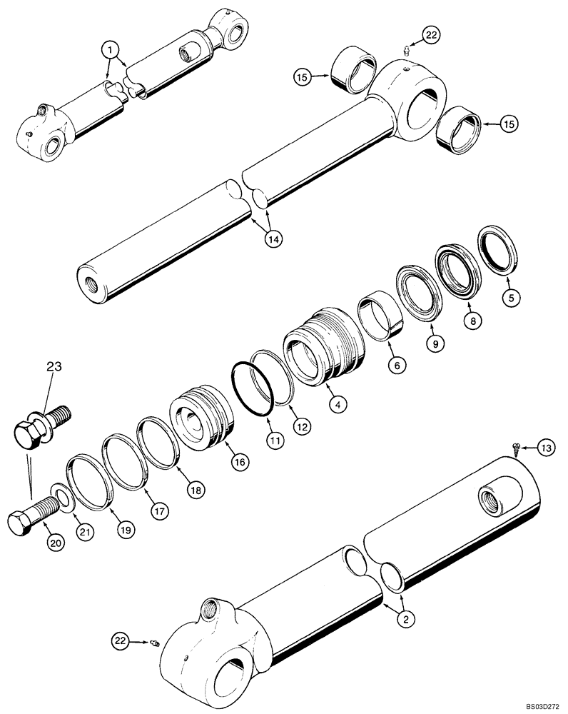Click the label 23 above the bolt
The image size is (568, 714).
pyautogui.click(x=55, y=368)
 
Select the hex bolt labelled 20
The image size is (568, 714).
pyautogui.click(x=31, y=518)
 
